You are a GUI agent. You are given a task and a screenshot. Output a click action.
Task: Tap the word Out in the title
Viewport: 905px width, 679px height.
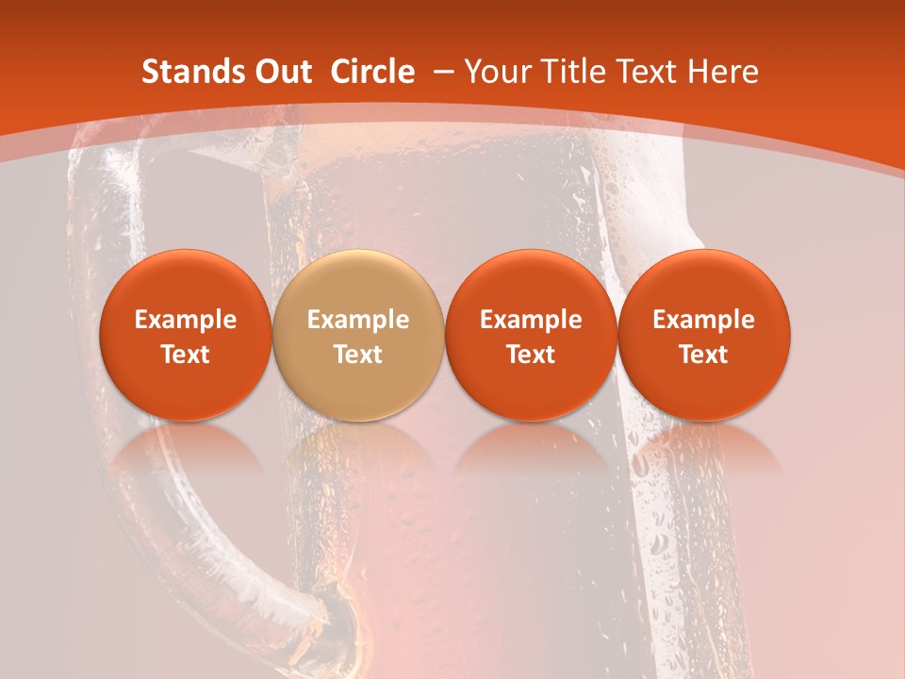[x=281, y=72]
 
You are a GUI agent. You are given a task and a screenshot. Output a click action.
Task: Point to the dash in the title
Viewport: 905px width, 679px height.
[x=443, y=72]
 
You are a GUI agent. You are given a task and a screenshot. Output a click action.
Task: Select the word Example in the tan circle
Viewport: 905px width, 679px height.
[x=358, y=320]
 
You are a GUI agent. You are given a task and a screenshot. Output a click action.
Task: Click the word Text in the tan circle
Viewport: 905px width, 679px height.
[x=358, y=355]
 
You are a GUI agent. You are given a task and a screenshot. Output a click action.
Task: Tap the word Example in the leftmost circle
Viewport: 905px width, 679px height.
[x=186, y=320]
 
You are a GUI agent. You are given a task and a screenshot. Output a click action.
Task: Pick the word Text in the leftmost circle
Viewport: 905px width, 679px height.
[x=186, y=355]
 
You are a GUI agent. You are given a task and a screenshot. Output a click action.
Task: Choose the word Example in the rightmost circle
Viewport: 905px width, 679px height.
[x=704, y=320]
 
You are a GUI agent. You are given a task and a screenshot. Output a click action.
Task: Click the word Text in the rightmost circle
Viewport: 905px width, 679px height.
[x=704, y=355]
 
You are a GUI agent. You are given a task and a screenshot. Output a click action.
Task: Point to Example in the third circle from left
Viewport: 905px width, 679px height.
[x=531, y=320]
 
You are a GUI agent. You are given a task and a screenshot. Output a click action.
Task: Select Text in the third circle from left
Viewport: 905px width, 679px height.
[x=531, y=355]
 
